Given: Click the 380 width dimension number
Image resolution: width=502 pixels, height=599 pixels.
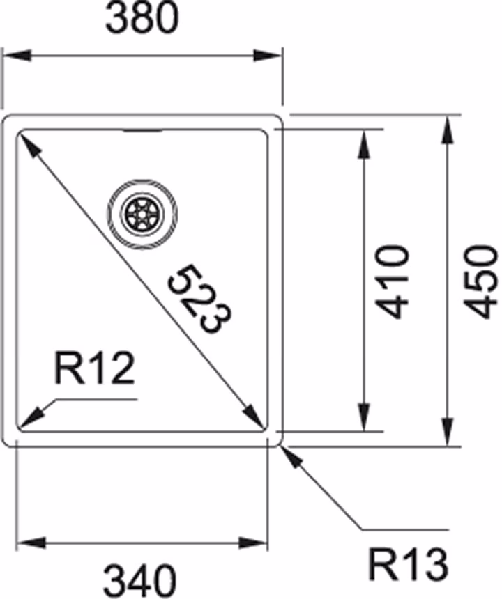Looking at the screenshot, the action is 142,19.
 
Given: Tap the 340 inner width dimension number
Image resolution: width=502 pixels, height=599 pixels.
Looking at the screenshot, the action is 140,581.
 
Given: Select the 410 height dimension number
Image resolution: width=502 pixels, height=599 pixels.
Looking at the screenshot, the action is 393,282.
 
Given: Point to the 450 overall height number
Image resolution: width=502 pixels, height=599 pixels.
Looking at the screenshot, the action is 480,282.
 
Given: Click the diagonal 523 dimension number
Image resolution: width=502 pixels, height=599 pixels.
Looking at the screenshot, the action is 200,299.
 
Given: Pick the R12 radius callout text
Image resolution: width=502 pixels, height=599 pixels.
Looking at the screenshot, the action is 94,368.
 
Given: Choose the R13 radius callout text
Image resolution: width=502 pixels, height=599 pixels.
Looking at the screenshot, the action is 408,565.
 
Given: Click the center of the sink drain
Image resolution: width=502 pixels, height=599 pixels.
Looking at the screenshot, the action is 142,215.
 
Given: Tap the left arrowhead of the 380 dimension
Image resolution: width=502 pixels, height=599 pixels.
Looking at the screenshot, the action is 17,55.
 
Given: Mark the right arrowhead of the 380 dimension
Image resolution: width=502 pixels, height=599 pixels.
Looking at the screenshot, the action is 267,55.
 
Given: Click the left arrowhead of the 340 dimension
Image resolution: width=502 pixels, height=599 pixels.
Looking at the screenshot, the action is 31,543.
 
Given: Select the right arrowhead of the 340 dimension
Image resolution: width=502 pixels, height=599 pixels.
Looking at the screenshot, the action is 252,543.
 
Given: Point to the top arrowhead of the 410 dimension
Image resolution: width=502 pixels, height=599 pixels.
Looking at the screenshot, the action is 363,144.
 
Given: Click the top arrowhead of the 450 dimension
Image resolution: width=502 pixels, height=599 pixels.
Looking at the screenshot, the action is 448,130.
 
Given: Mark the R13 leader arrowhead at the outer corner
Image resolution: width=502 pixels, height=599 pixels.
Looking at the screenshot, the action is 292,457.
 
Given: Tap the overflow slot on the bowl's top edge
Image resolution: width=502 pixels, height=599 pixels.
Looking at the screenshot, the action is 142,131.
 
